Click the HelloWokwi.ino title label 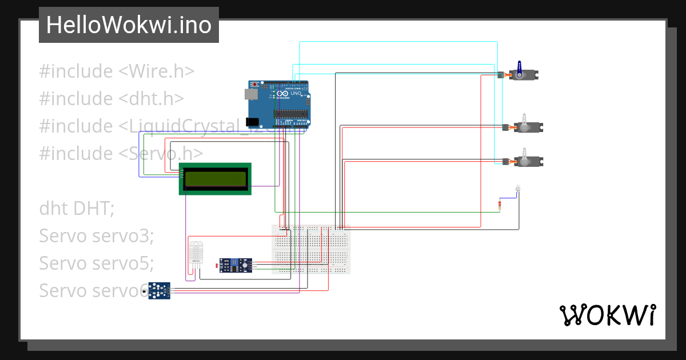point(129,25)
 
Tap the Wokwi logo point(607,315)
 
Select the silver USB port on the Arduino point(251,94)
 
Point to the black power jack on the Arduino point(251,122)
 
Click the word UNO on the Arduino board point(296,93)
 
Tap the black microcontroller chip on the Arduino point(290,114)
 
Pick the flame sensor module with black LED point(159,290)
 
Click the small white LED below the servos point(518,188)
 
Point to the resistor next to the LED point(501,206)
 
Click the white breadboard point(311,249)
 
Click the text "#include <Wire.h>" point(117,71)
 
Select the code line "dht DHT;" point(77,209)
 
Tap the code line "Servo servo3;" point(97,235)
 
